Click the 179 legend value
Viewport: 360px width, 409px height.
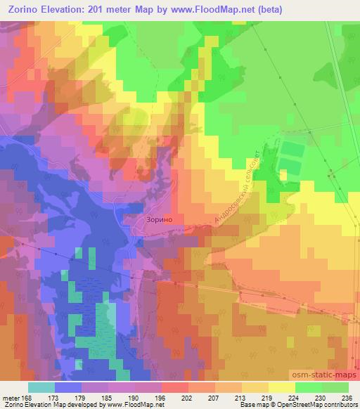click(81, 396)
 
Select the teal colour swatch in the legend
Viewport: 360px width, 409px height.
click(41, 387)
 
